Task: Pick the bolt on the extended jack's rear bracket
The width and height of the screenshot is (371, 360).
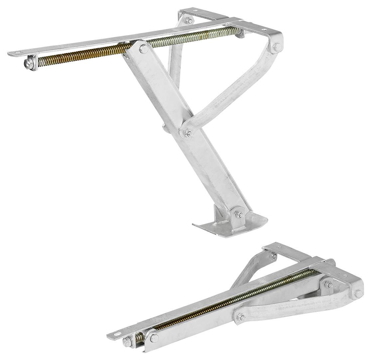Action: tap(190, 22)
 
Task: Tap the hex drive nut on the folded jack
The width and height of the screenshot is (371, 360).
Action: tap(128, 342)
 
